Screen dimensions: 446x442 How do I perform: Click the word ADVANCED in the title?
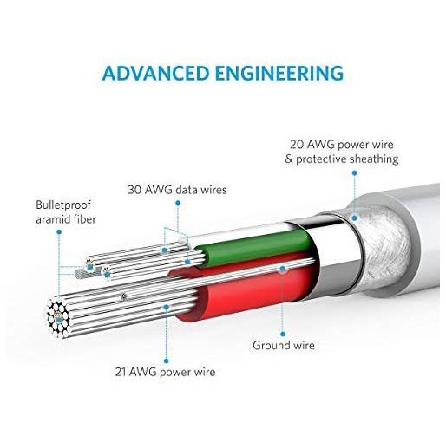(155, 73)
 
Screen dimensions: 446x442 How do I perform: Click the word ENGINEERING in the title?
(279, 73)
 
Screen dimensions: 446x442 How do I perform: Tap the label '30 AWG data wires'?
(177, 190)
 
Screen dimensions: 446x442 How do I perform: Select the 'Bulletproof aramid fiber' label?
(66, 212)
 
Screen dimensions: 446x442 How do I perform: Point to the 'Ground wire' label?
(284, 345)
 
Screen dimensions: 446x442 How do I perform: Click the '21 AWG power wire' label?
(165, 372)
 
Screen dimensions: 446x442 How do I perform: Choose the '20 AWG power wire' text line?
(342, 145)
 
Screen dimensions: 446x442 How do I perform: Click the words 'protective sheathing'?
(347, 159)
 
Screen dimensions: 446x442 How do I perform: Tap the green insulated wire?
(254, 247)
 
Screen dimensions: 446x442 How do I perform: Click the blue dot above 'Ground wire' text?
(283, 335)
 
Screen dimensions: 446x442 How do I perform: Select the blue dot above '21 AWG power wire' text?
(166, 361)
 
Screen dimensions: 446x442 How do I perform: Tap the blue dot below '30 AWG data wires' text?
(178, 203)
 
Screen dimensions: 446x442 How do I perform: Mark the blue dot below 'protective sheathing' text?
(354, 173)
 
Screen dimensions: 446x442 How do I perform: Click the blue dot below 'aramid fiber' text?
(59, 231)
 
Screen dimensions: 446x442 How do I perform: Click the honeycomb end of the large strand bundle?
(58, 317)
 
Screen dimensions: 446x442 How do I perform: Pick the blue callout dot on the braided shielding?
(354, 218)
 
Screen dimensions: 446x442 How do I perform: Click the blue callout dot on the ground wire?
(282, 269)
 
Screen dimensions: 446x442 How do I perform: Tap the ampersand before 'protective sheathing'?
(288, 159)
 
